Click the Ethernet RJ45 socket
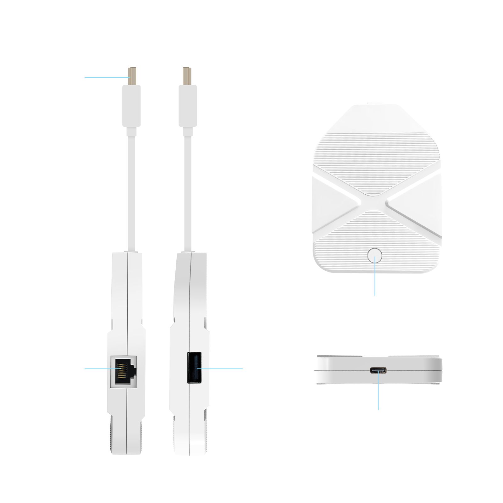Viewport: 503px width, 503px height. coord(124,372)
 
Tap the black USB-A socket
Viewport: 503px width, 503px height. coord(194,368)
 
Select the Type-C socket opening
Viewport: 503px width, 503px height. coord(378,371)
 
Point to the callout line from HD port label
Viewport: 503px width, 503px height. coord(105,77)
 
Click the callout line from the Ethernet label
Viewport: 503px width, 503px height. coord(96,368)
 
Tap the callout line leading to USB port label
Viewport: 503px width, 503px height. coord(226,368)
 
